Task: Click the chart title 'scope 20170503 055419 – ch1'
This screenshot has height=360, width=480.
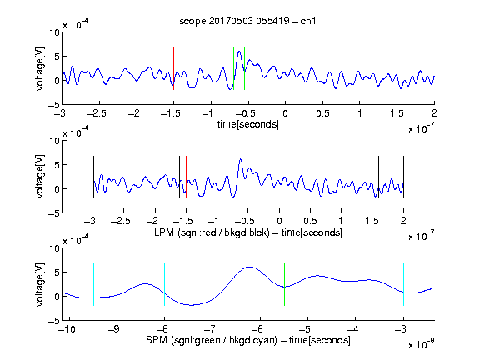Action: tap(247, 21)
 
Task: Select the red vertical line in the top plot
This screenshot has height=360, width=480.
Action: tap(173, 69)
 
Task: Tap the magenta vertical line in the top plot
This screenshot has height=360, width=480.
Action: tap(397, 69)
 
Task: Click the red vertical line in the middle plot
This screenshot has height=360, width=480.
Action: tap(186, 177)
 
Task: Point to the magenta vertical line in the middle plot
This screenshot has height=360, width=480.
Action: tap(372, 177)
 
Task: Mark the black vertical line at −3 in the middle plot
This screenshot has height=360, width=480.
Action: tap(93, 177)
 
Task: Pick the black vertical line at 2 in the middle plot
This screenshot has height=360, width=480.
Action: tap(403, 177)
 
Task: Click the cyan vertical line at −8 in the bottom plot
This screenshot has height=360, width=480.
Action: tap(165, 284)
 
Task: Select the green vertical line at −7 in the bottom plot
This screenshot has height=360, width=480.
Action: tap(212, 284)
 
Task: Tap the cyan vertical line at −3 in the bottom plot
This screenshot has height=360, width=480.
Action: tap(403, 284)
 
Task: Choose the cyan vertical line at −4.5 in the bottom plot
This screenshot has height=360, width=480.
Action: tap(332, 284)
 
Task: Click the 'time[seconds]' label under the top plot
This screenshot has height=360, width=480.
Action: tap(248, 124)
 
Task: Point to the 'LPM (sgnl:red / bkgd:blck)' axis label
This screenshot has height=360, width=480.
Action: tap(212, 232)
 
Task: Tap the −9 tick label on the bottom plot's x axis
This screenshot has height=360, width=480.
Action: tap(114, 329)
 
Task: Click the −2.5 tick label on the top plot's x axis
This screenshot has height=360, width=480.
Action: tap(97, 113)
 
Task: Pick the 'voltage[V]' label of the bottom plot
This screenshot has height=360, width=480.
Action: tap(40, 284)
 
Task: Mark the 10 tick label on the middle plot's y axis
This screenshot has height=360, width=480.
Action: tap(55, 141)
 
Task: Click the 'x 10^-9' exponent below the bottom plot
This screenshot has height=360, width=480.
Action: tap(422, 344)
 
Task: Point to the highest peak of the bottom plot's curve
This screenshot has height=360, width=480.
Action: tap(250, 267)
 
